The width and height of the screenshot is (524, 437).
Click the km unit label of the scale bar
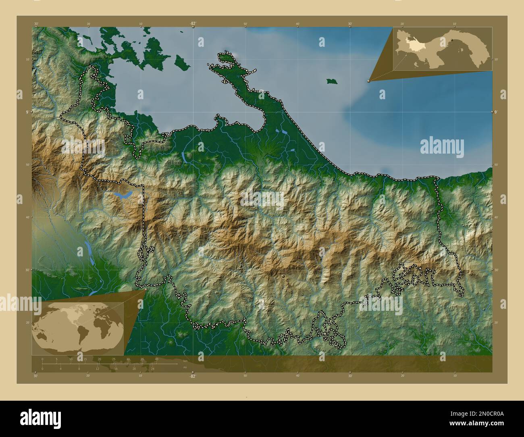[185, 360]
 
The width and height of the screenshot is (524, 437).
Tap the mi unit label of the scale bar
[184, 367]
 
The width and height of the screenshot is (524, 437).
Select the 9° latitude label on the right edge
[495, 112]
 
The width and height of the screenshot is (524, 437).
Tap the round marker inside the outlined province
[284, 276]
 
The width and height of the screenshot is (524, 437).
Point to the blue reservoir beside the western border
[123, 196]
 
